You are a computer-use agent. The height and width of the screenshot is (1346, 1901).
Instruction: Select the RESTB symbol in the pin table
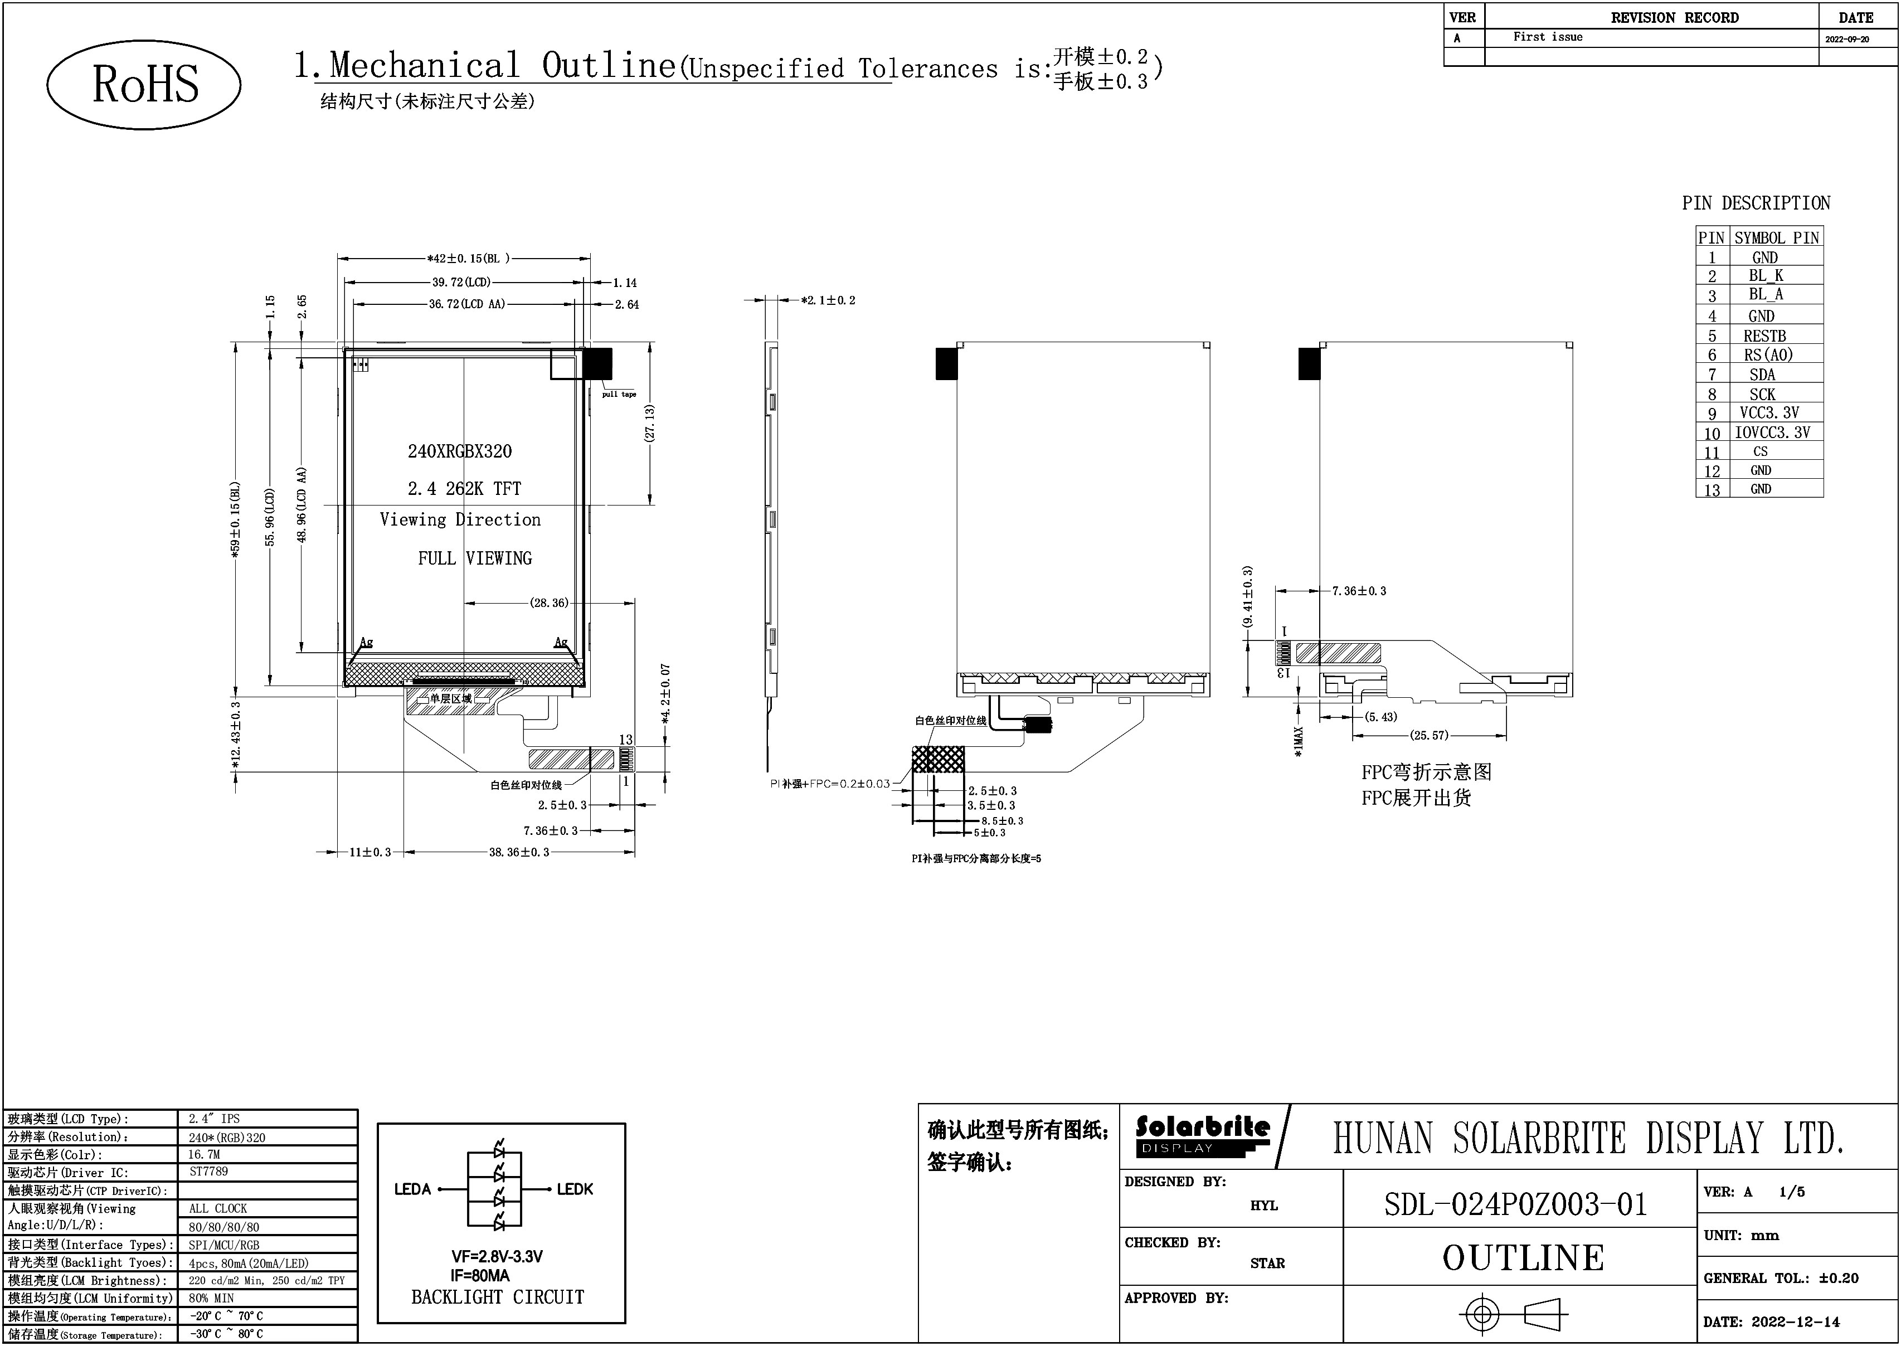1764,336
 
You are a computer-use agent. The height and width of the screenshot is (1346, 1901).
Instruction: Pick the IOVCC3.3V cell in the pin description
1773,432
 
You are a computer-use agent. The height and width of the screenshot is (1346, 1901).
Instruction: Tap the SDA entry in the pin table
1763,375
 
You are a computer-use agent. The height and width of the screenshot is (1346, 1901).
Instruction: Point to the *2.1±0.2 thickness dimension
828,300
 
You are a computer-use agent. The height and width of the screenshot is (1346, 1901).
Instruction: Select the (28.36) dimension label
550,602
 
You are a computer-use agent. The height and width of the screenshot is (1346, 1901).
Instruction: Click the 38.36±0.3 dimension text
519,852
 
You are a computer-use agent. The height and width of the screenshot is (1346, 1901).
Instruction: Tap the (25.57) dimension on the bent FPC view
1428,735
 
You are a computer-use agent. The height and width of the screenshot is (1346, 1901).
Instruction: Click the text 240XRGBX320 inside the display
460,451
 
